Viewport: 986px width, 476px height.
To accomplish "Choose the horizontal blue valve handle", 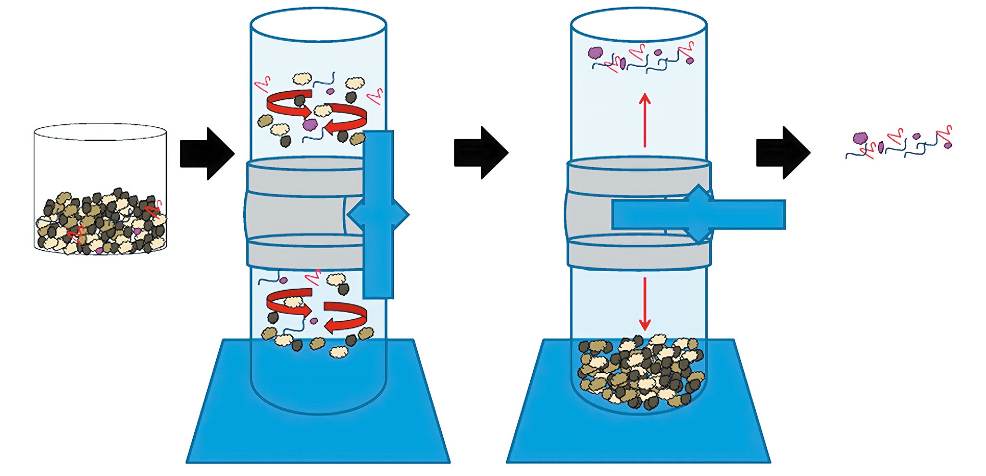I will click(750, 215).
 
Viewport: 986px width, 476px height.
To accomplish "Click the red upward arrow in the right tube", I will click(645, 120).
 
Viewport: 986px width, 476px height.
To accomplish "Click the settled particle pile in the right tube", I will click(639, 372).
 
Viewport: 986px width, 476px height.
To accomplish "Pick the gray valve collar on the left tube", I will click(298, 214).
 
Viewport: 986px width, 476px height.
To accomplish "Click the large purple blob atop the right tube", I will click(596, 53).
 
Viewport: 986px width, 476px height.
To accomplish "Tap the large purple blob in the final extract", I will click(860, 139).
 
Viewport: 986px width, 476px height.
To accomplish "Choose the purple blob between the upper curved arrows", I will click(311, 124).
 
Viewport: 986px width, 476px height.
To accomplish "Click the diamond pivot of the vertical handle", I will click(378, 215).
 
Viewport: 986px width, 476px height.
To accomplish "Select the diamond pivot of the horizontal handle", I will click(699, 214).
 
